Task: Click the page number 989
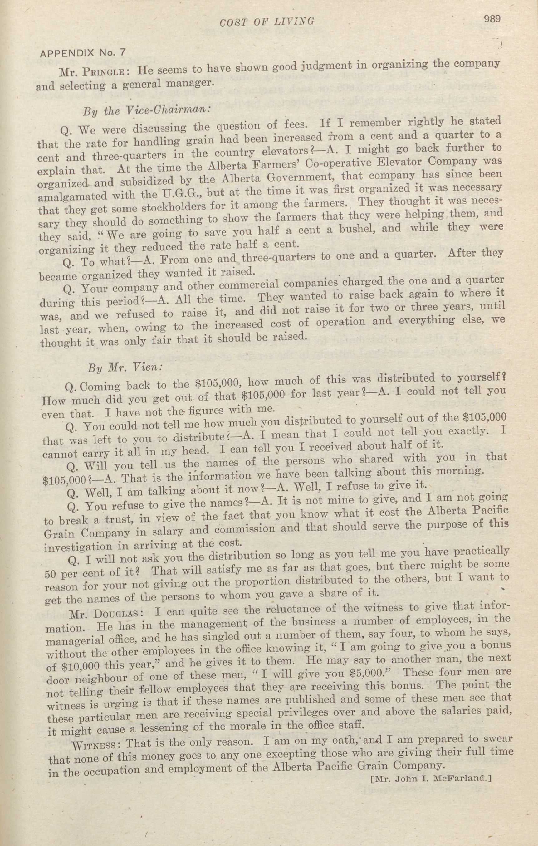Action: [491, 19]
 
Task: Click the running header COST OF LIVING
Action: [267, 22]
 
